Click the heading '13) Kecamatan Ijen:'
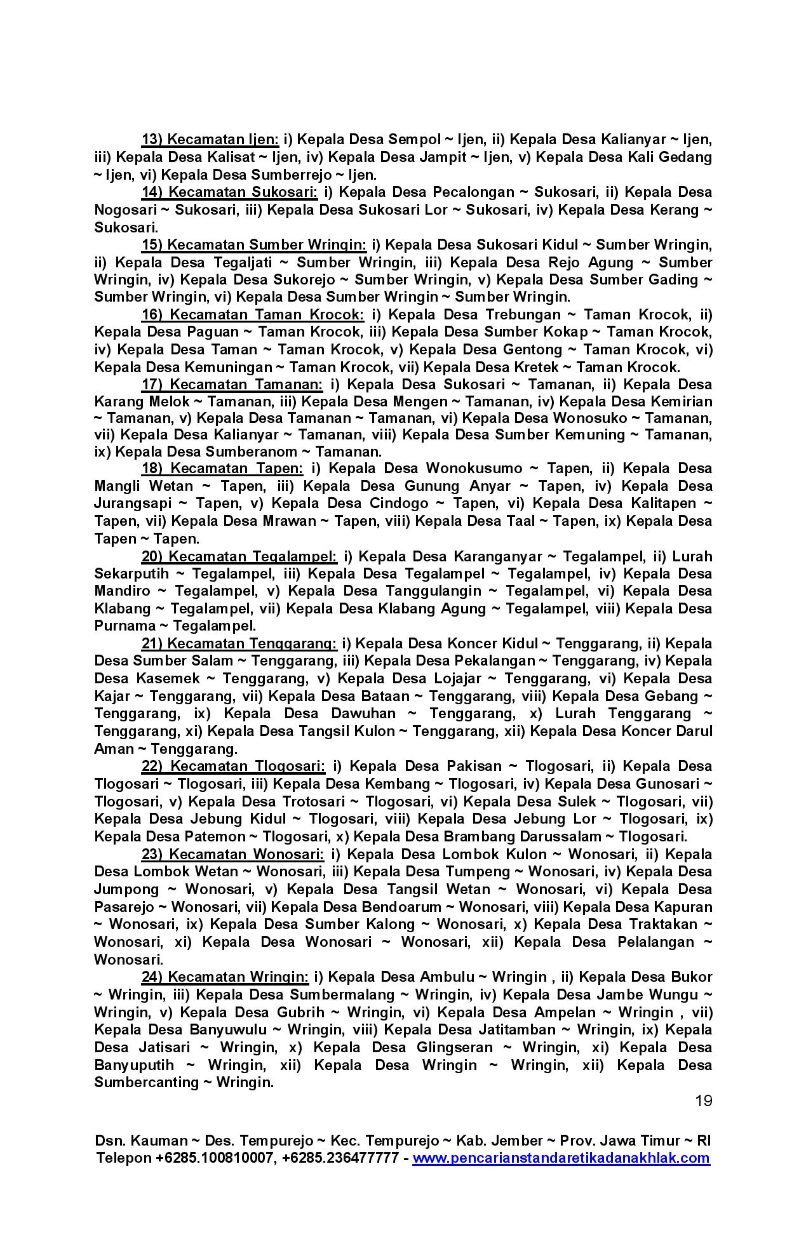click(x=210, y=140)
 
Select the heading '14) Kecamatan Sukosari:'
click(x=229, y=192)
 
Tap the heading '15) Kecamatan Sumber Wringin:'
click(x=253, y=245)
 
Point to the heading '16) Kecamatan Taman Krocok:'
click(x=252, y=315)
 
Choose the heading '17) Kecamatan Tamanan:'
click(x=232, y=385)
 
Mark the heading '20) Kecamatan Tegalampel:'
click(x=239, y=557)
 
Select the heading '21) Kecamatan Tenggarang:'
click(x=239, y=644)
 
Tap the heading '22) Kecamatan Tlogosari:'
click(x=233, y=766)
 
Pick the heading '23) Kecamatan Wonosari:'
click(x=232, y=854)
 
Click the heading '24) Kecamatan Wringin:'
click(x=225, y=977)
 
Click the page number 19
click(x=703, y=1100)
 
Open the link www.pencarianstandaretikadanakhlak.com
click(x=561, y=1158)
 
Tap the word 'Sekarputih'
click(x=131, y=574)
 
